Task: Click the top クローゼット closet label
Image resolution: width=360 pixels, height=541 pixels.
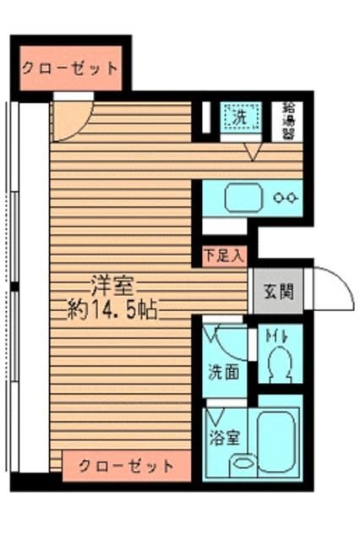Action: coord(69,68)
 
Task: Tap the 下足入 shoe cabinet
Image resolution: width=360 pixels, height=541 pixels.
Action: coord(223,252)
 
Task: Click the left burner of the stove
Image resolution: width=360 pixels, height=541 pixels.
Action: coord(280,199)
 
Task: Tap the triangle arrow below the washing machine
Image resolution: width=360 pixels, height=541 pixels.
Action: coord(253,152)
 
